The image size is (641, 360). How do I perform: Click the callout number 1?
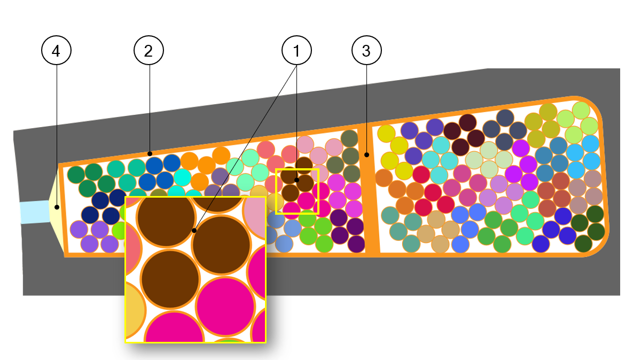coord(296,51)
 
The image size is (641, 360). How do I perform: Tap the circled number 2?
coord(148,51)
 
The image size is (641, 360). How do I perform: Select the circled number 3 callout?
coord(367,51)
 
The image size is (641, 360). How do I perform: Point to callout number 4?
coord(56,51)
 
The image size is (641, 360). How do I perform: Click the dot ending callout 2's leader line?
coord(150,152)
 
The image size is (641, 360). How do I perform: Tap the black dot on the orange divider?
coord(367,155)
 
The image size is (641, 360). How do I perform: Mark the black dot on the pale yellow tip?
coord(56,206)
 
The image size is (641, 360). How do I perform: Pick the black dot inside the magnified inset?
coord(194,231)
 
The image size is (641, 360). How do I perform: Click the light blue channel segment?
coord(34,212)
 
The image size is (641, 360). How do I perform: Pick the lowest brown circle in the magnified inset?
coord(170,279)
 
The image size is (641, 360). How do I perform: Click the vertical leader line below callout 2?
coord(150,107)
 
